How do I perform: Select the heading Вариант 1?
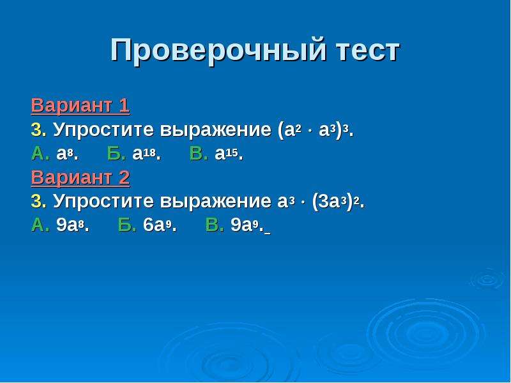coord(80,106)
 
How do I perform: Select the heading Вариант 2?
coord(80,178)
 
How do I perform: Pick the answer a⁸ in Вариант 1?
coord(68,154)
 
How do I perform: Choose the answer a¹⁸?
coord(147,154)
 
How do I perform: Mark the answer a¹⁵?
coord(229,154)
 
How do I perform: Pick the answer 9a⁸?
coord(73,225)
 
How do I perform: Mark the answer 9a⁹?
coord(247,225)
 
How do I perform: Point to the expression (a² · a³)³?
coord(316,130)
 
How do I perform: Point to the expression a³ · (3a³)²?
coord(321,202)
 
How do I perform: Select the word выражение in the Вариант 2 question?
coord(215,202)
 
